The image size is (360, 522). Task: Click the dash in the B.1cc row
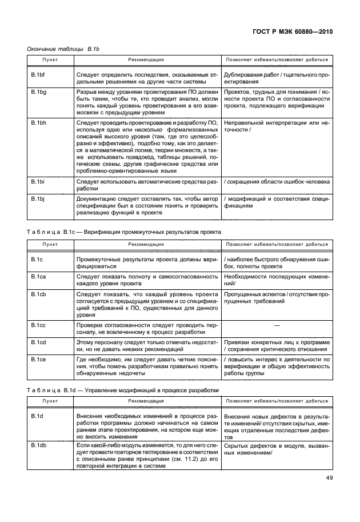click(277, 325)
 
